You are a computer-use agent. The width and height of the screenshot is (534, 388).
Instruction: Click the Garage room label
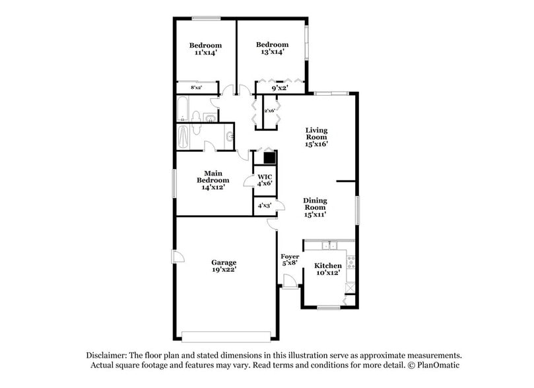(x=224, y=266)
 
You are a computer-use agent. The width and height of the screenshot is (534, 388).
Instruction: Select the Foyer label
(x=290, y=260)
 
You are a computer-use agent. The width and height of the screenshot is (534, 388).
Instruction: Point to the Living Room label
(x=316, y=137)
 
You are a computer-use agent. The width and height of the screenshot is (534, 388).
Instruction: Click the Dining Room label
(x=315, y=207)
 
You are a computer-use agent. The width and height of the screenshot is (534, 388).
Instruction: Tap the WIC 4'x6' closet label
(x=265, y=180)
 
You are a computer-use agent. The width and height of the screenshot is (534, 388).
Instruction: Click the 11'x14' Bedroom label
(x=205, y=49)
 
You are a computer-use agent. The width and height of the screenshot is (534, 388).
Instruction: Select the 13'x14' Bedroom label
(x=273, y=48)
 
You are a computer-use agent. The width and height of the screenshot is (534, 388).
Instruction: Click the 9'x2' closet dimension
(x=280, y=87)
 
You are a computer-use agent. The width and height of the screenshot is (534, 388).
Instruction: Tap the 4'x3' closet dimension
(x=265, y=206)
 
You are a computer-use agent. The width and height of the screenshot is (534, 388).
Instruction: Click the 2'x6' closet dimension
(x=269, y=111)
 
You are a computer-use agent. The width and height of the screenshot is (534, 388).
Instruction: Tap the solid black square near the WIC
(x=269, y=158)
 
